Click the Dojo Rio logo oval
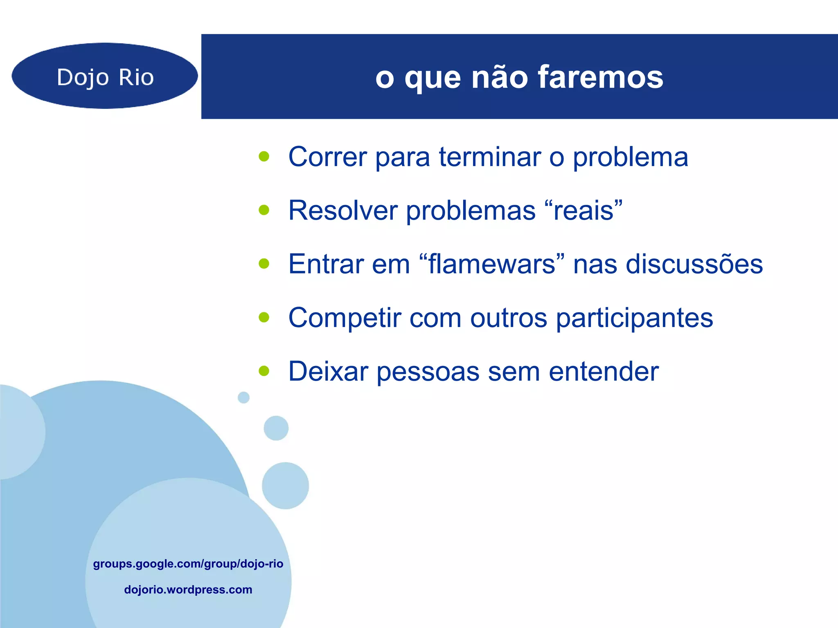pyautogui.click(x=105, y=76)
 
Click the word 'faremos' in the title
pyautogui.click(x=600, y=77)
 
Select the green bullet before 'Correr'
pyautogui.click(x=264, y=156)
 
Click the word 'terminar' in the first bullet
pyautogui.click(x=490, y=157)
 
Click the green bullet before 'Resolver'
pyautogui.click(x=264, y=210)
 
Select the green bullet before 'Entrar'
pyautogui.click(x=264, y=264)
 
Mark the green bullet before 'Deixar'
pyautogui.click(x=264, y=371)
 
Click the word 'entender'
pyautogui.click(x=604, y=372)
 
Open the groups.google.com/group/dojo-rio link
pyautogui.click(x=188, y=564)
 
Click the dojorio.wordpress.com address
pyautogui.click(x=188, y=590)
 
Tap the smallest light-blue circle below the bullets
pyautogui.click(x=243, y=397)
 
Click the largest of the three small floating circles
pyautogui.click(x=285, y=486)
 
